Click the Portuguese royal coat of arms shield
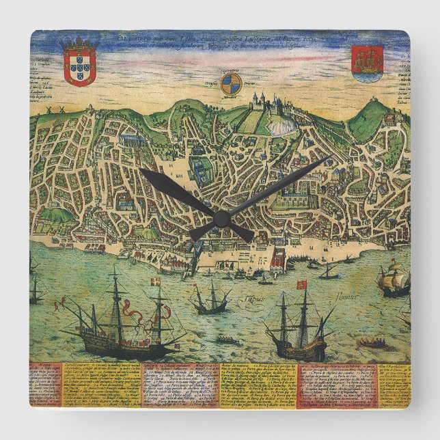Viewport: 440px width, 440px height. tap(80, 65)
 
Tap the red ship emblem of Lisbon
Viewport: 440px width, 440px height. tap(368, 63)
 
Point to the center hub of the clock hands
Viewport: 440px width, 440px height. tap(221, 218)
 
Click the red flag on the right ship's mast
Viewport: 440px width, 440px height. tap(301, 285)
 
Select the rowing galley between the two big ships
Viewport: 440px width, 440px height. tap(227, 340)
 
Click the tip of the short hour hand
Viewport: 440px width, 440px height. tap(143, 173)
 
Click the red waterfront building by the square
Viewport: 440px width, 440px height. tap(277, 260)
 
